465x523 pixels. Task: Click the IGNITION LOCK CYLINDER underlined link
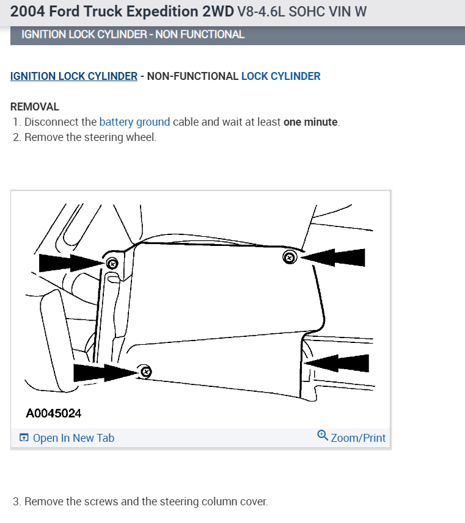pyautogui.click(x=74, y=76)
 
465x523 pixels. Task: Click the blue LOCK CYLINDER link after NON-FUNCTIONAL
pyautogui.click(x=280, y=76)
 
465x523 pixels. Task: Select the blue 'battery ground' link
pyautogui.click(x=134, y=122)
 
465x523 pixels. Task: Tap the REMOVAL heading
pyautogui.click(x=35, y=107)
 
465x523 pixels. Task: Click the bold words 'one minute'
pyautogui.click(x=310, y=122)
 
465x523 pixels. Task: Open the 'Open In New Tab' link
pyautogui.click(x=73, y=438)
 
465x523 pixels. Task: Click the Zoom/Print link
pyautogui.click(x=358, y=438)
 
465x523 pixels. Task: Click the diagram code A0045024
pyautogui.click(x=54, y=413)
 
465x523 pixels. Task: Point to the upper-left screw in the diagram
pyautogui.click(x=112, y=263)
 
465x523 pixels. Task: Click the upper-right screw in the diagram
pyautogui.click(x=290, y=258)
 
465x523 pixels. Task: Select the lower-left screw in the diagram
pyautogui.click(x=145, y=372)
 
